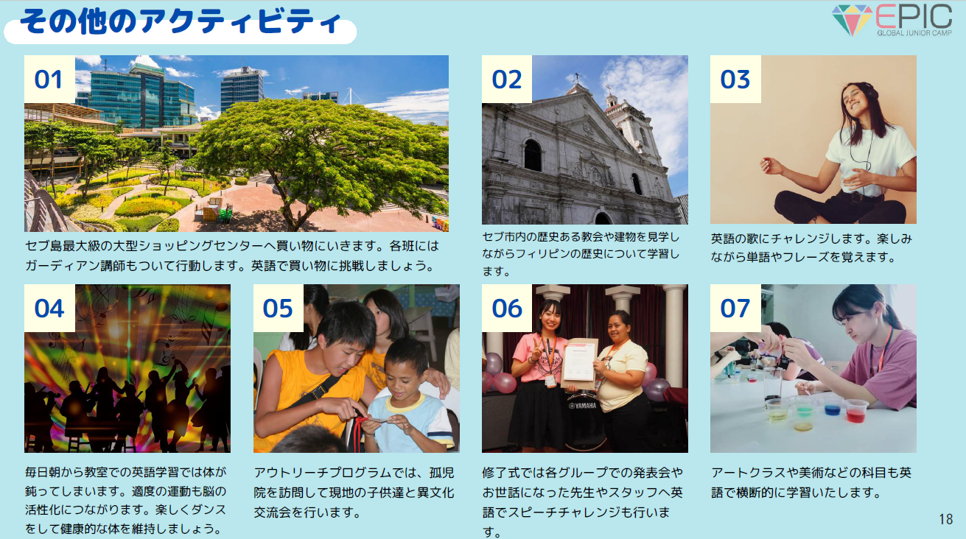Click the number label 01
click(x=49, y=80)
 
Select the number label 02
click(x=507, y=80)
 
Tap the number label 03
click(x=735, y=80)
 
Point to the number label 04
click(x=49, y=309)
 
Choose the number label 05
click(x=278, y=309)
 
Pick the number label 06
click(x=507, y=309)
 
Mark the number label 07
click(x=735, y=309)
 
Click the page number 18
click(x=945, y=519)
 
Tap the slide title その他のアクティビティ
click(x=181, y=21)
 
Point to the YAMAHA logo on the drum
click(x=582, y=406)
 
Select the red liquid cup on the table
click(x=855, y=411)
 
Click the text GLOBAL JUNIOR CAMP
click(x=914, y=32)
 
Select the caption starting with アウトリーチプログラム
click(x=354, y=493)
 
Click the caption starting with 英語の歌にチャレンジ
click(x=811, y=247)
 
